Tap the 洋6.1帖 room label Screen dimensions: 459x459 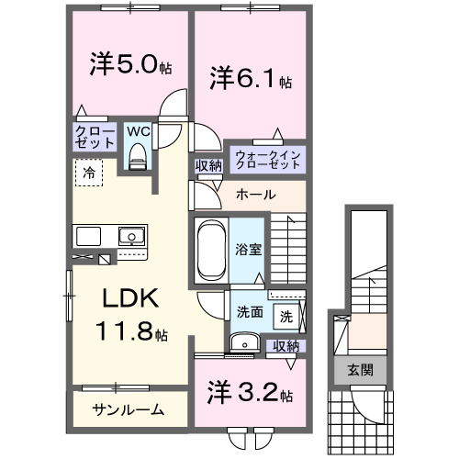coord(249,79)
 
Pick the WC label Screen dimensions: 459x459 coord(137,132)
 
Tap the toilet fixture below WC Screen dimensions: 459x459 coord(138,158)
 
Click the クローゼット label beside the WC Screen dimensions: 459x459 coord(95,139)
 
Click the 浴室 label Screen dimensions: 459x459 coord(247,248)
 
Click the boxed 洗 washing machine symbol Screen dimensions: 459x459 coord(286,318)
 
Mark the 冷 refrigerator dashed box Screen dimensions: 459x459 coord(89,172)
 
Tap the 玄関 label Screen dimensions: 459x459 coord(359,370)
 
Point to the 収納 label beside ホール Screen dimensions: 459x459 coord(208,165)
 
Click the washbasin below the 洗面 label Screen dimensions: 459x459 coord(244,342)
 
